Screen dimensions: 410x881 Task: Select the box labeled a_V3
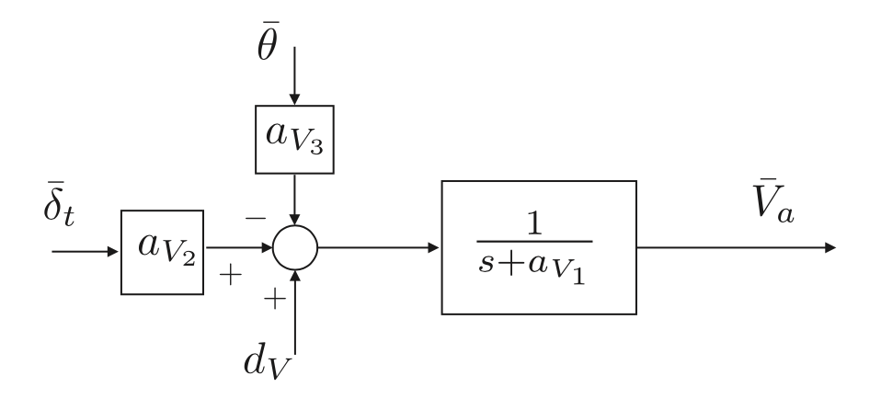click(293, 141)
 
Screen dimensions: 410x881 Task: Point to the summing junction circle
click(294, 248)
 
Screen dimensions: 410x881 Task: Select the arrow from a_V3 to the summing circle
click(294, 199)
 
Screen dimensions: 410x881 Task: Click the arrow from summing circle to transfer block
click(378, 248)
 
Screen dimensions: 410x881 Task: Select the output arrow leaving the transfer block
click(735, 248)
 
